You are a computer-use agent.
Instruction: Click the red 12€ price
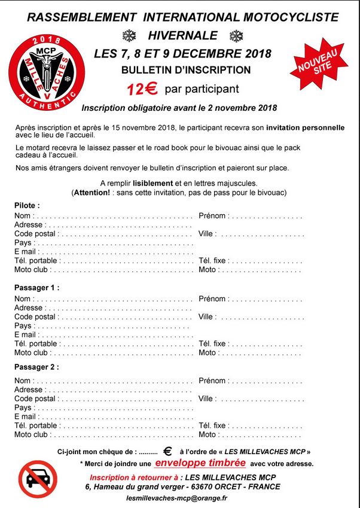(142, 89)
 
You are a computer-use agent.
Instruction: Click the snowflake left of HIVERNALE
(129, 35)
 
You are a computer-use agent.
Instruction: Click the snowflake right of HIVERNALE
(237, 35)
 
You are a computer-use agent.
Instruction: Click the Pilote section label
(27, 205)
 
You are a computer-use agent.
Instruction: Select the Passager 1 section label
(36, 288)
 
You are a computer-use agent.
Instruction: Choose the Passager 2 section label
(36, 367)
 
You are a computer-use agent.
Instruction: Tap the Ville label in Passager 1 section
(206, 317)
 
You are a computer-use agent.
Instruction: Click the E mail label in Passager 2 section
(26, 416)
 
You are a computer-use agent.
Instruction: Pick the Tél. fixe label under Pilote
(212, 261)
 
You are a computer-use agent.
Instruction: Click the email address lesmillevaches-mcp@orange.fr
(178, 498)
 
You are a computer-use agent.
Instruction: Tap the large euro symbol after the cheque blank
(167, 452)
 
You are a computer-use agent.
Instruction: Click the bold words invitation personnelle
(305, 127)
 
